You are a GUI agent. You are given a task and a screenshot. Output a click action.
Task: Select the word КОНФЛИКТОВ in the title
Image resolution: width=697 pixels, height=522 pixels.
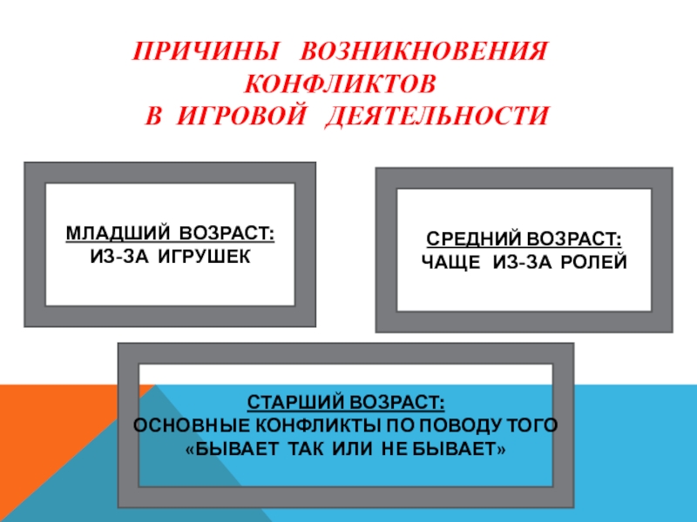coord(340,84)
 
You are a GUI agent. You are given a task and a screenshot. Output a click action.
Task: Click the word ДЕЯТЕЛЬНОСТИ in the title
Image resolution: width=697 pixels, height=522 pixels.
coord(438,116)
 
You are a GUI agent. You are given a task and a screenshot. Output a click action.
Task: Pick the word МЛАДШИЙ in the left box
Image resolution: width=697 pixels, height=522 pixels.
coord(120,235)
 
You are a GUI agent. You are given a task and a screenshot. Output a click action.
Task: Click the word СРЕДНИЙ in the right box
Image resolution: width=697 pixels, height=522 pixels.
coord(471,238)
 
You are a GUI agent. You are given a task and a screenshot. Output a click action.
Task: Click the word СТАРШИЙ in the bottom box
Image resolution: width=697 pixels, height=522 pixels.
coord(296,405)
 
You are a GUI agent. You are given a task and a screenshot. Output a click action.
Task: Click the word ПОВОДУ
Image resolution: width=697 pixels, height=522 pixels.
coord(457,426)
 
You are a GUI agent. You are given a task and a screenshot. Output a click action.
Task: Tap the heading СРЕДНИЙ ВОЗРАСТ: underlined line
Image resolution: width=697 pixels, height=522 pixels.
coord(524,238)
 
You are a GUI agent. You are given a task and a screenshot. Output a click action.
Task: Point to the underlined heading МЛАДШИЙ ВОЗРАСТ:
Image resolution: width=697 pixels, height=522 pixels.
coord(171,235)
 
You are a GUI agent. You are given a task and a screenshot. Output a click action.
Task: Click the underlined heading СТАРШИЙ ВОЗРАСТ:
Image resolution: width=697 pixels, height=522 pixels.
coord(346,405)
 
